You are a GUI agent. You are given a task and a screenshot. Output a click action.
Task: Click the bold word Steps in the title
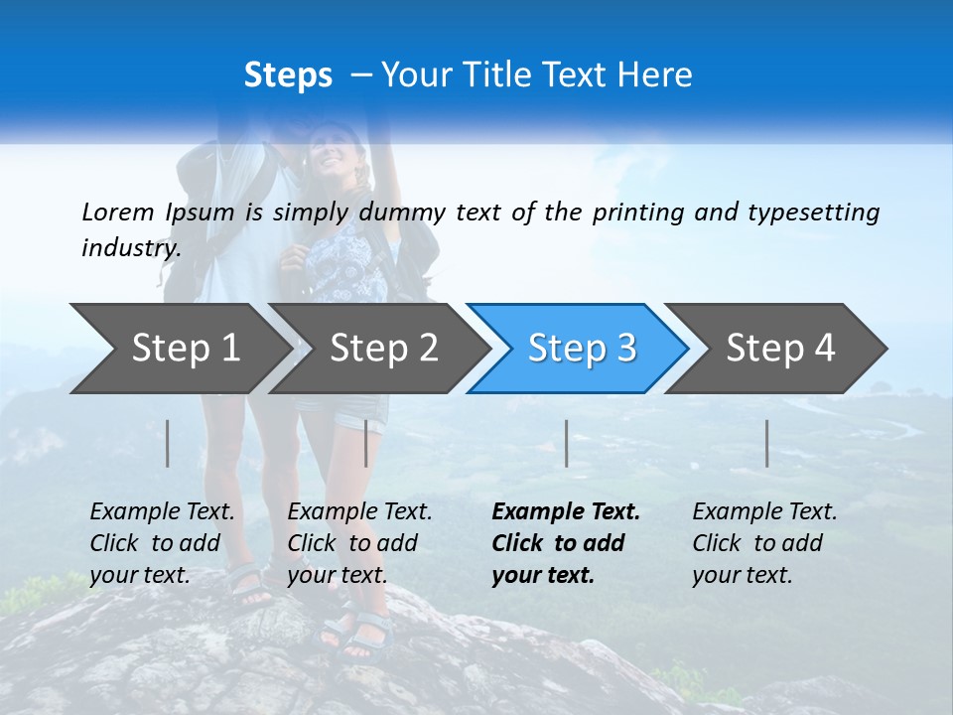point(288,74)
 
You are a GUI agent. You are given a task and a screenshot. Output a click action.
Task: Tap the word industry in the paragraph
point(130,248)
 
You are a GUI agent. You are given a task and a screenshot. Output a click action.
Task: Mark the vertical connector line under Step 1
point(168,443)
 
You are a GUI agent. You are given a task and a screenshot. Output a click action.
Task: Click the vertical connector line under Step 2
point(366,443)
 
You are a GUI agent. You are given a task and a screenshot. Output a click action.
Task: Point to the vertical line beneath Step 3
point(567,443)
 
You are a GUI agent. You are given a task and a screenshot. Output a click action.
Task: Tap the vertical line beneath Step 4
point(767,443)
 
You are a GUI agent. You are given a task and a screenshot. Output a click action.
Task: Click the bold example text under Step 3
point(565,543)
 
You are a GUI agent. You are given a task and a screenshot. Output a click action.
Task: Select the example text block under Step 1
point(162,543)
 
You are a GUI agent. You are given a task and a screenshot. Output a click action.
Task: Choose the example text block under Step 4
point(764,543)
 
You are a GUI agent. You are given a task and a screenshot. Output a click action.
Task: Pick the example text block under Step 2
point(359,543)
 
